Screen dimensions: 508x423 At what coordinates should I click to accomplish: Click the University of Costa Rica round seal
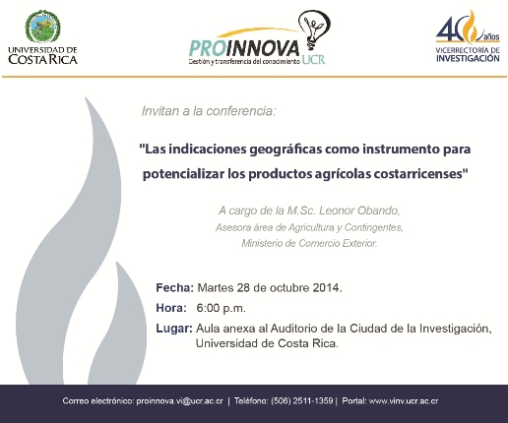point(43,27)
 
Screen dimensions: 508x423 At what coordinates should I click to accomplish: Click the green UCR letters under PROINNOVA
point(313,59)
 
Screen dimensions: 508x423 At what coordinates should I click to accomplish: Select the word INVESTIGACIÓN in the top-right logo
point(468,58)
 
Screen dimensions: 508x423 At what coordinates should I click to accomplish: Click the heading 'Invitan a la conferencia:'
point(209,111)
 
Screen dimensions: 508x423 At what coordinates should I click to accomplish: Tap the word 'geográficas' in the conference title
point(286,150)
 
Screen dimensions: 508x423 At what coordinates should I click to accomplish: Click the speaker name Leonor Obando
point(358,211)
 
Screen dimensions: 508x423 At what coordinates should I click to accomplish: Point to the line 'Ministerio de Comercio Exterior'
point(309,243)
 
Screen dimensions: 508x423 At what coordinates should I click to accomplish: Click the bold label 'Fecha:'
point(175,287)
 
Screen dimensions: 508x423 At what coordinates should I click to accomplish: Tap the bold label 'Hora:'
point(171,308)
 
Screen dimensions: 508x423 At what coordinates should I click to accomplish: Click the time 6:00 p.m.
point(221,308)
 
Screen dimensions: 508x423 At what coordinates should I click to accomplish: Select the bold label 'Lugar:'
point(174,329)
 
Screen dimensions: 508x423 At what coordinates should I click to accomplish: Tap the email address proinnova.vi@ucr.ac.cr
point(179,401)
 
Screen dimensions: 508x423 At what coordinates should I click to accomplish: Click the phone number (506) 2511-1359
point(302,401)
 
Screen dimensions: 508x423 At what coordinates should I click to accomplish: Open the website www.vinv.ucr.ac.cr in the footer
point(404,401)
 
